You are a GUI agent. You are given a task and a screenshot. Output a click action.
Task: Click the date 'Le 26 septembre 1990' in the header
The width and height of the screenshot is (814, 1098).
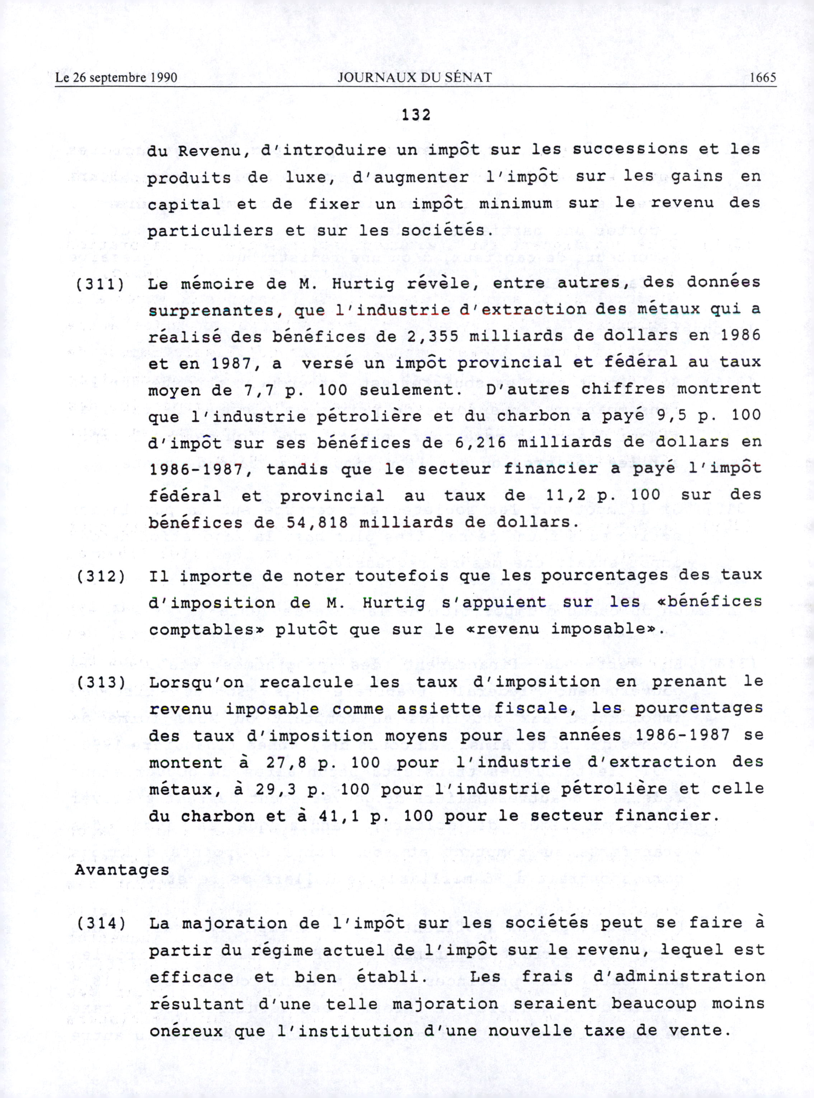click(x=116, y=77)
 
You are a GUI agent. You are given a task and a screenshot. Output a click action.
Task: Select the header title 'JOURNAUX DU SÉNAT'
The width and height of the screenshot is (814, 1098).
click(x=414, y=77)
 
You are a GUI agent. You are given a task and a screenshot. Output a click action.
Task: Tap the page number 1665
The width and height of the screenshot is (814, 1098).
click(x=762, y=77)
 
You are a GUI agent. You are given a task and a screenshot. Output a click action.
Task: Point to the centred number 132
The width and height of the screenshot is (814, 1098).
click(x=416, y=115)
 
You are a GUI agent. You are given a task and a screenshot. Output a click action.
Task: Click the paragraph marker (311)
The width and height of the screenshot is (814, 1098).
click(x=100, y=284)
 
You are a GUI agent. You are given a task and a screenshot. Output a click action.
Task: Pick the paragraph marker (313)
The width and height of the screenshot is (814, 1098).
click(x=100, y=682)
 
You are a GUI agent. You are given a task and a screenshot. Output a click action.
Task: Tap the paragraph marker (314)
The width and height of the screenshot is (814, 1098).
click(x=100, y=923)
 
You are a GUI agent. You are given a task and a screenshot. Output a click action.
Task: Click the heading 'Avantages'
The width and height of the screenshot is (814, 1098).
click(x=122, y=870)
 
